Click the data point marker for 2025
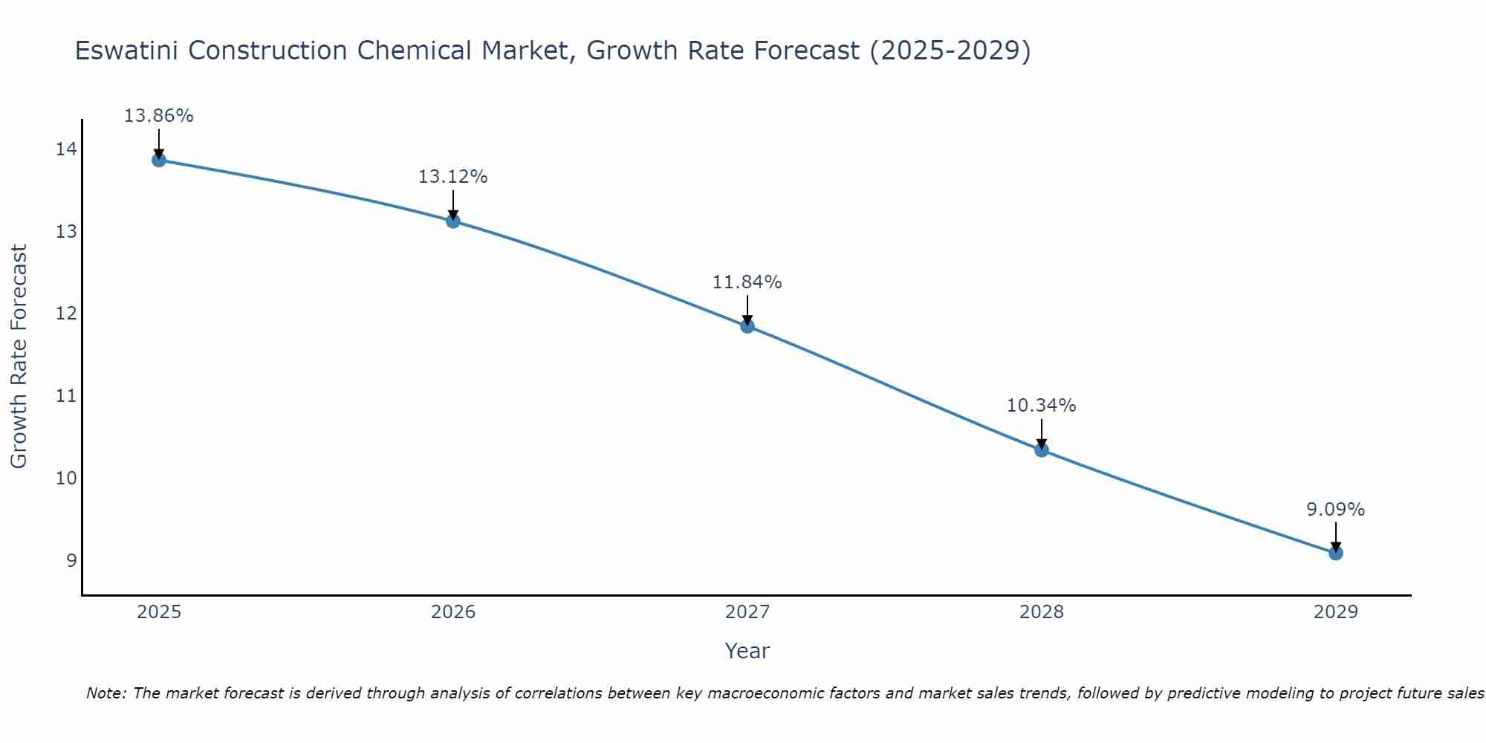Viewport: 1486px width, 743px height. (x=158, y=160)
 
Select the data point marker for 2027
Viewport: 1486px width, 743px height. (x=747, y=325)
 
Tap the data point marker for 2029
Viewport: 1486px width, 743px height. (x=1335, y=553)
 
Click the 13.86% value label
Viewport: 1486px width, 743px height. (x=158, y=116)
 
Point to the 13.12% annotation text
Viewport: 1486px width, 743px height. (x=452, y=177)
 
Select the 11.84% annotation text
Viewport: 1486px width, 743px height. (x=747, y=282)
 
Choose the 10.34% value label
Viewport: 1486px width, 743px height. (x=1041, y=406)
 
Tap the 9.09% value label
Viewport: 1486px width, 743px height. (x=1335, y=510)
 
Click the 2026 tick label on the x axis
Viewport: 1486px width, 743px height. (x=453, y=612)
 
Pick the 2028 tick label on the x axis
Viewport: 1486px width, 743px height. (x=1041, y=612)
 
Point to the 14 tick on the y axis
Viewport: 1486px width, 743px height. (x=66, y=149)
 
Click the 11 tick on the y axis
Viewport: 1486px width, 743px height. (x=66, y=395)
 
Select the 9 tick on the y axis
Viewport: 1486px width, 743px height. (x=71, y=559)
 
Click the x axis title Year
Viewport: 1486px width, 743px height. (x=747, y=651)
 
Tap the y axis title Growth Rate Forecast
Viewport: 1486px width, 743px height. (x=19, y=356)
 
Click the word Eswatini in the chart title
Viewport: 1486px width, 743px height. (x=128, y=51)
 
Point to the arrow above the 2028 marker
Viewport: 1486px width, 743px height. (x=1041, y=433)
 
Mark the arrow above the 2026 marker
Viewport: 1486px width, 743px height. (x=452, y=204)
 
